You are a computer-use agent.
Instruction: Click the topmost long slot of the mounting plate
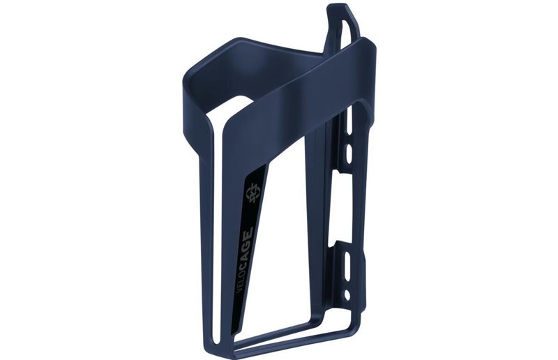(x=349, y=121)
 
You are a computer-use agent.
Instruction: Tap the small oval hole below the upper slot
(x=348, y=152)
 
